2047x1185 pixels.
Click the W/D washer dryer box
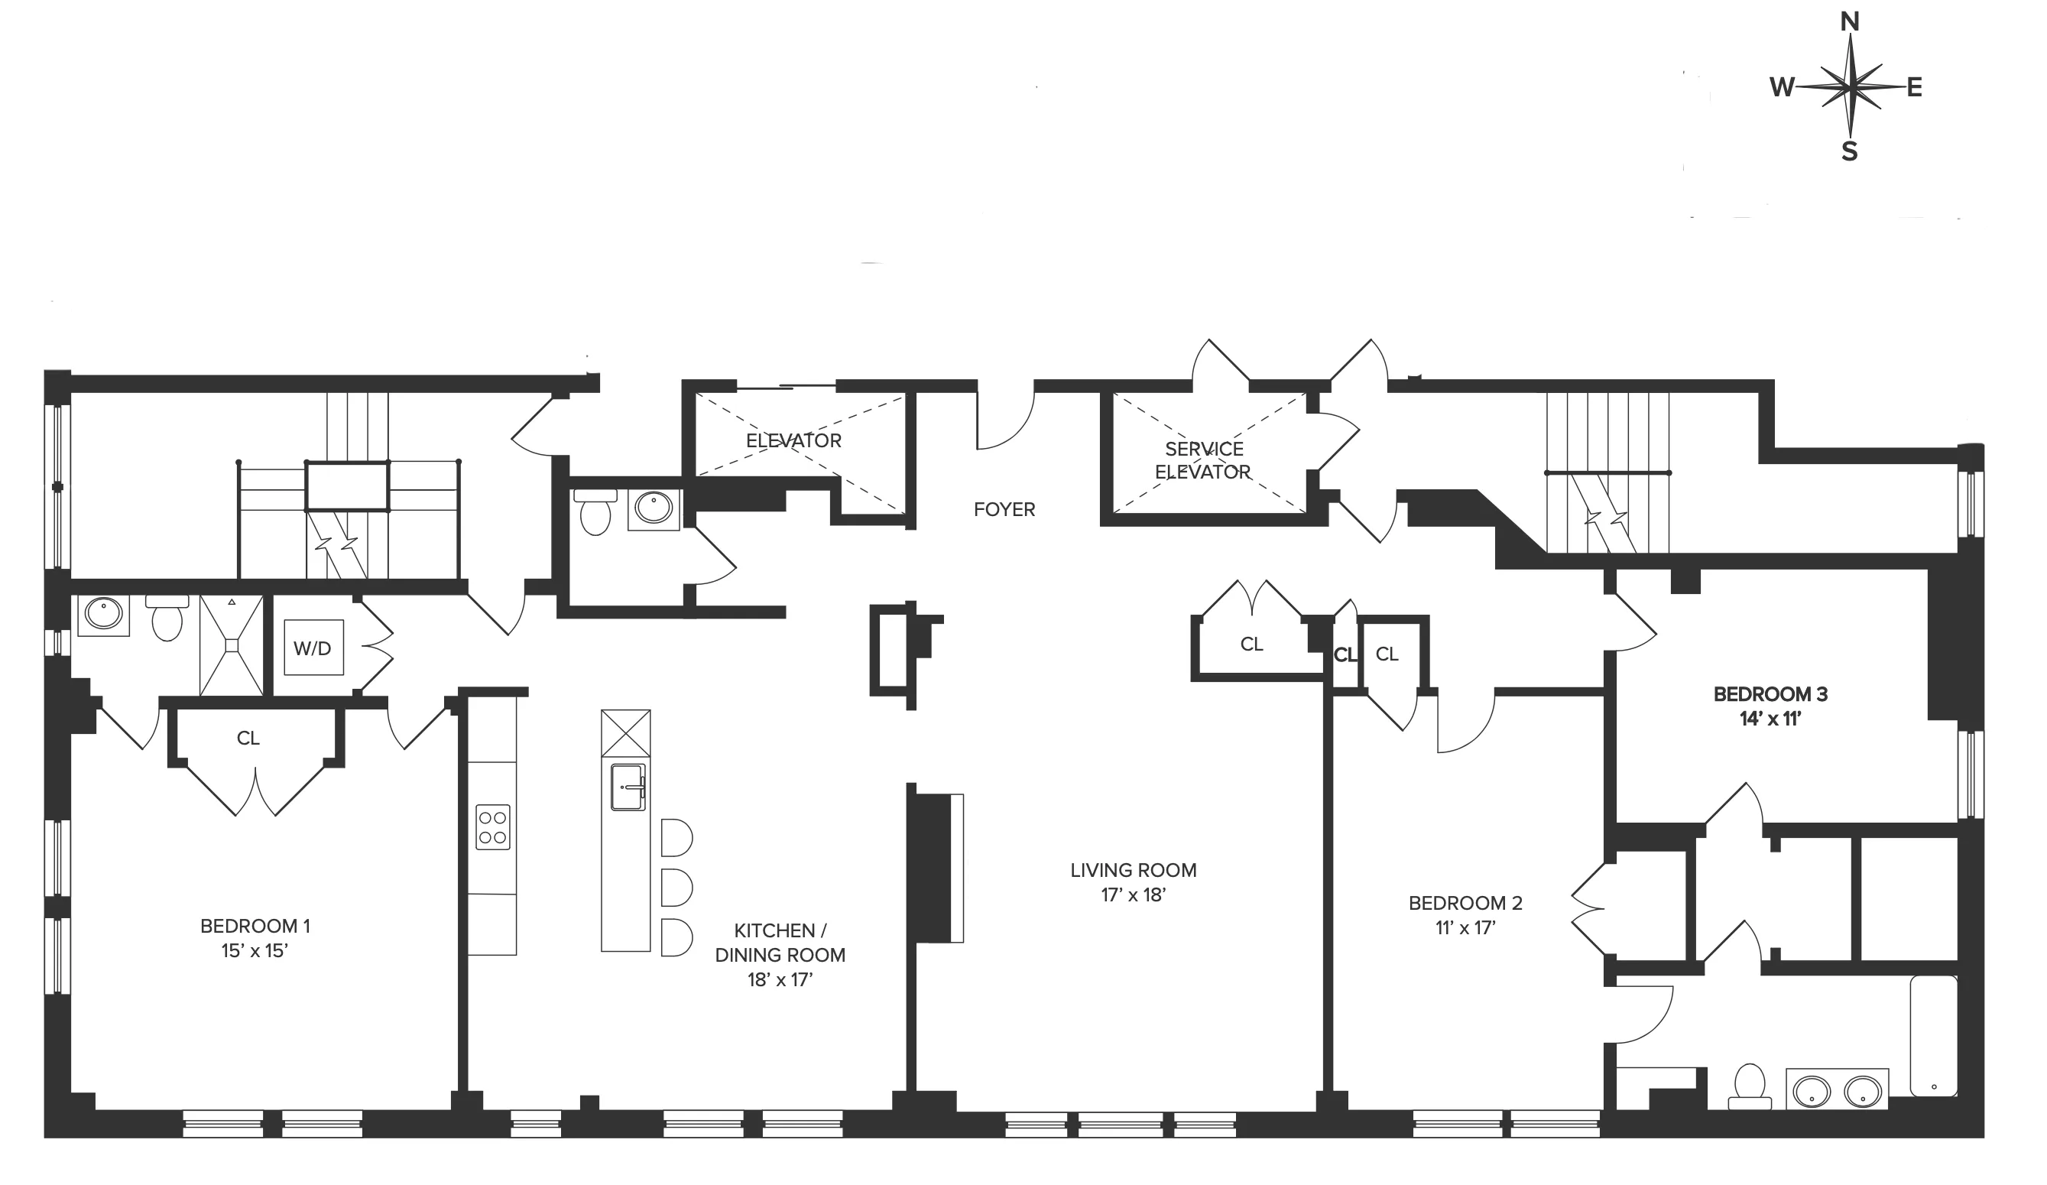tap(313, 648)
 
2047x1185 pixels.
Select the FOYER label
tap(1004, 510)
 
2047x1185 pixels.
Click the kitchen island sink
tap(628, 786)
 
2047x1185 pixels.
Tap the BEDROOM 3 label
tap(1770, 694)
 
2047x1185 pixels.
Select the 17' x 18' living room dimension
tap(1132, 895)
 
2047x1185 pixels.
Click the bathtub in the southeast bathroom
tap(1934, 1037)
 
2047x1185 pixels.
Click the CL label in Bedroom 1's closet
tap(248, 739)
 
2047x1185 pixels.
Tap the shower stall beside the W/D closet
tap(232, 645)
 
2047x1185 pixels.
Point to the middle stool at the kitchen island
tap(675, 888)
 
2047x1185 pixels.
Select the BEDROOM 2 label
tap(1465, 903)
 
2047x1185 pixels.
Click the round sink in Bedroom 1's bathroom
tap(103, 614)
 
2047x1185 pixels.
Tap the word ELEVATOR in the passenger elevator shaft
tap(793, 441)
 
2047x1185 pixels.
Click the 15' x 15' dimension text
tap(255, 951)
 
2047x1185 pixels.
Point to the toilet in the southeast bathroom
tap(1750, 1084)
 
